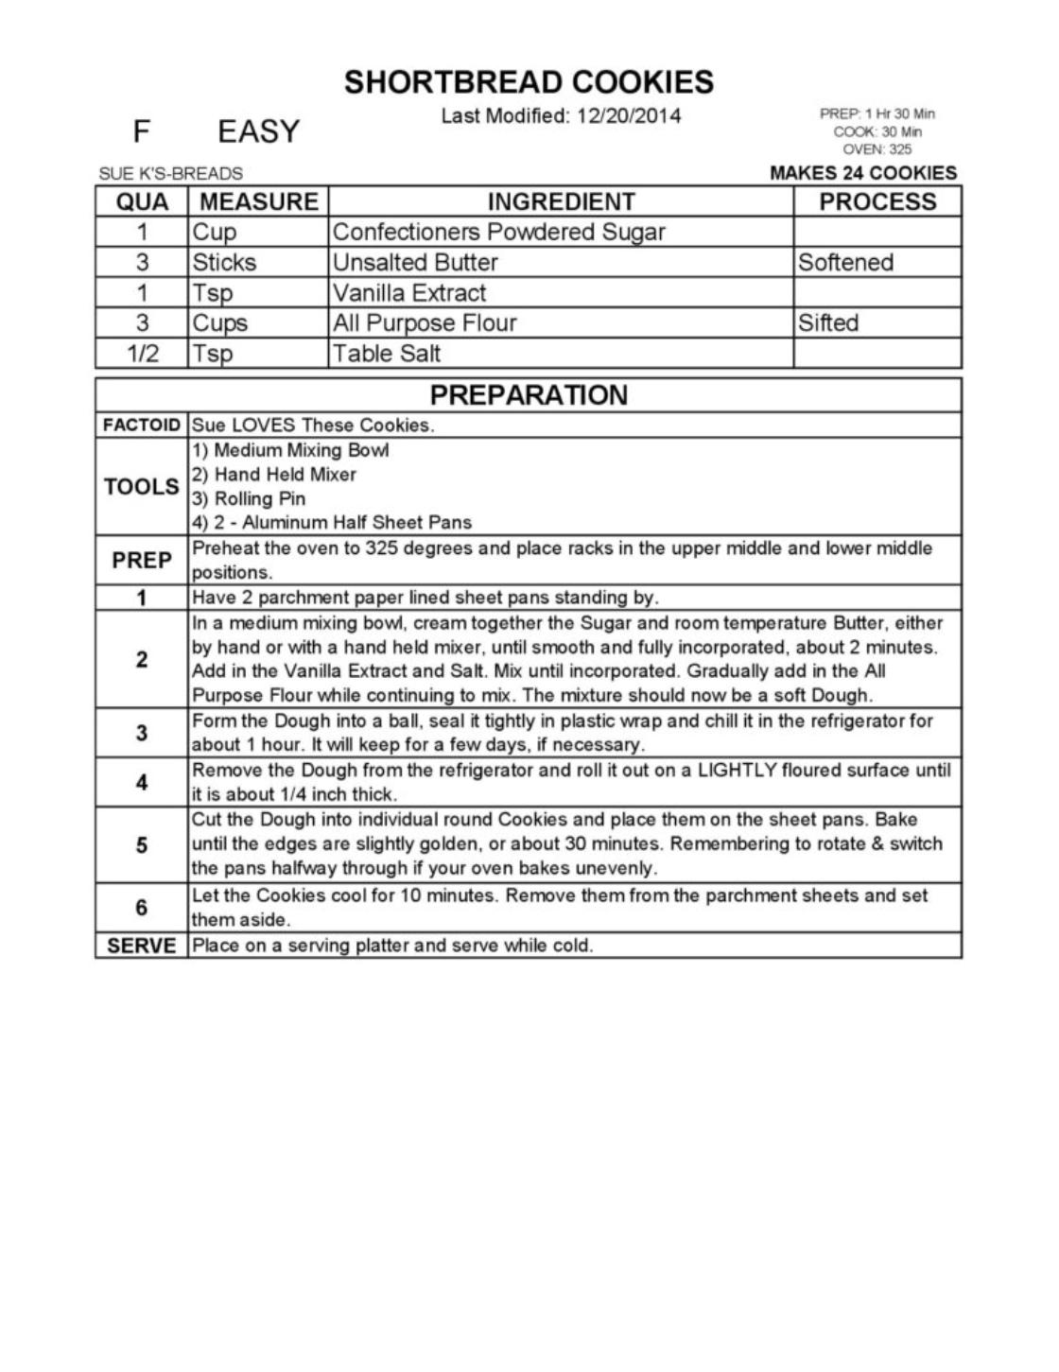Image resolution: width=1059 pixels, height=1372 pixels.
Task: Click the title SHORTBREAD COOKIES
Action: pyautogui.click(x=529, y=82)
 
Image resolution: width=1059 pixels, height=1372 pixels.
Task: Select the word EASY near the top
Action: pyautogui.click(x=258, y=131)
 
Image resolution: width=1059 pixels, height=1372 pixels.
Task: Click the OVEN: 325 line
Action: pyautogui.click(x=877, y=149)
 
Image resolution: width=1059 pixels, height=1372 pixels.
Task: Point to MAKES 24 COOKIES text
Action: pyautogui.click(x=862, y=173)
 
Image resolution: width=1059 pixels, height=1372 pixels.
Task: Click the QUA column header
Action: pyautogui.click(x=142, y=201)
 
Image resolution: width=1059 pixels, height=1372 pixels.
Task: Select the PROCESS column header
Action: pyautogui.click(x=877, y=201)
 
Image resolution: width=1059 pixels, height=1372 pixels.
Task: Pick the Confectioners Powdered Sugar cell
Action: pyautogui.click(x=499, y=232)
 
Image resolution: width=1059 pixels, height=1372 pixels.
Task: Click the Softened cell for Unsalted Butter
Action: pyautogui.click(x=845, y=262)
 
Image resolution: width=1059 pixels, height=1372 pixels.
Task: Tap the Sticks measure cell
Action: pyautogui.click(x=224, y=262)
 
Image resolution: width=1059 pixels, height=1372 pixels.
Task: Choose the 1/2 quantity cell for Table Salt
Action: pyautogui.click(x=142, y=354)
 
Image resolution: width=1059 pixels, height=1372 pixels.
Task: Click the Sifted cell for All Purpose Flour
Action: pyautogui.click(x=828, y=322)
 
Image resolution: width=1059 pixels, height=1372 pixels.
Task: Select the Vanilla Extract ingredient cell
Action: pyautogui.click(x=409, y=292)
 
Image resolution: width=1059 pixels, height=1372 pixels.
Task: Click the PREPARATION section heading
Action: pyautogui.click(x=529, y=394)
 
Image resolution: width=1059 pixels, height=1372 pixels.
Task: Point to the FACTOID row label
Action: pyautogui.click(x=141, y=425)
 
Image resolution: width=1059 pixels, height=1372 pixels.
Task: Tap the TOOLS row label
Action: pyautogui.click(x=141, y=487)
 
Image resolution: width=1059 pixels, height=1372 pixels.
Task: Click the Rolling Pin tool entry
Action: pyautogui.click(x=249, y=498)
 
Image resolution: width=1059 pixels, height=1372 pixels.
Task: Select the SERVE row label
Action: pyautogui.click(x=141, y=946)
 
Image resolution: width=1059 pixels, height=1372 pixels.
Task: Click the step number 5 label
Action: pyautogui.click(x=141, y=844)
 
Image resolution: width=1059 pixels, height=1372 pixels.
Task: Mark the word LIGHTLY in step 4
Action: pyautogui.click(x=737, y=770)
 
